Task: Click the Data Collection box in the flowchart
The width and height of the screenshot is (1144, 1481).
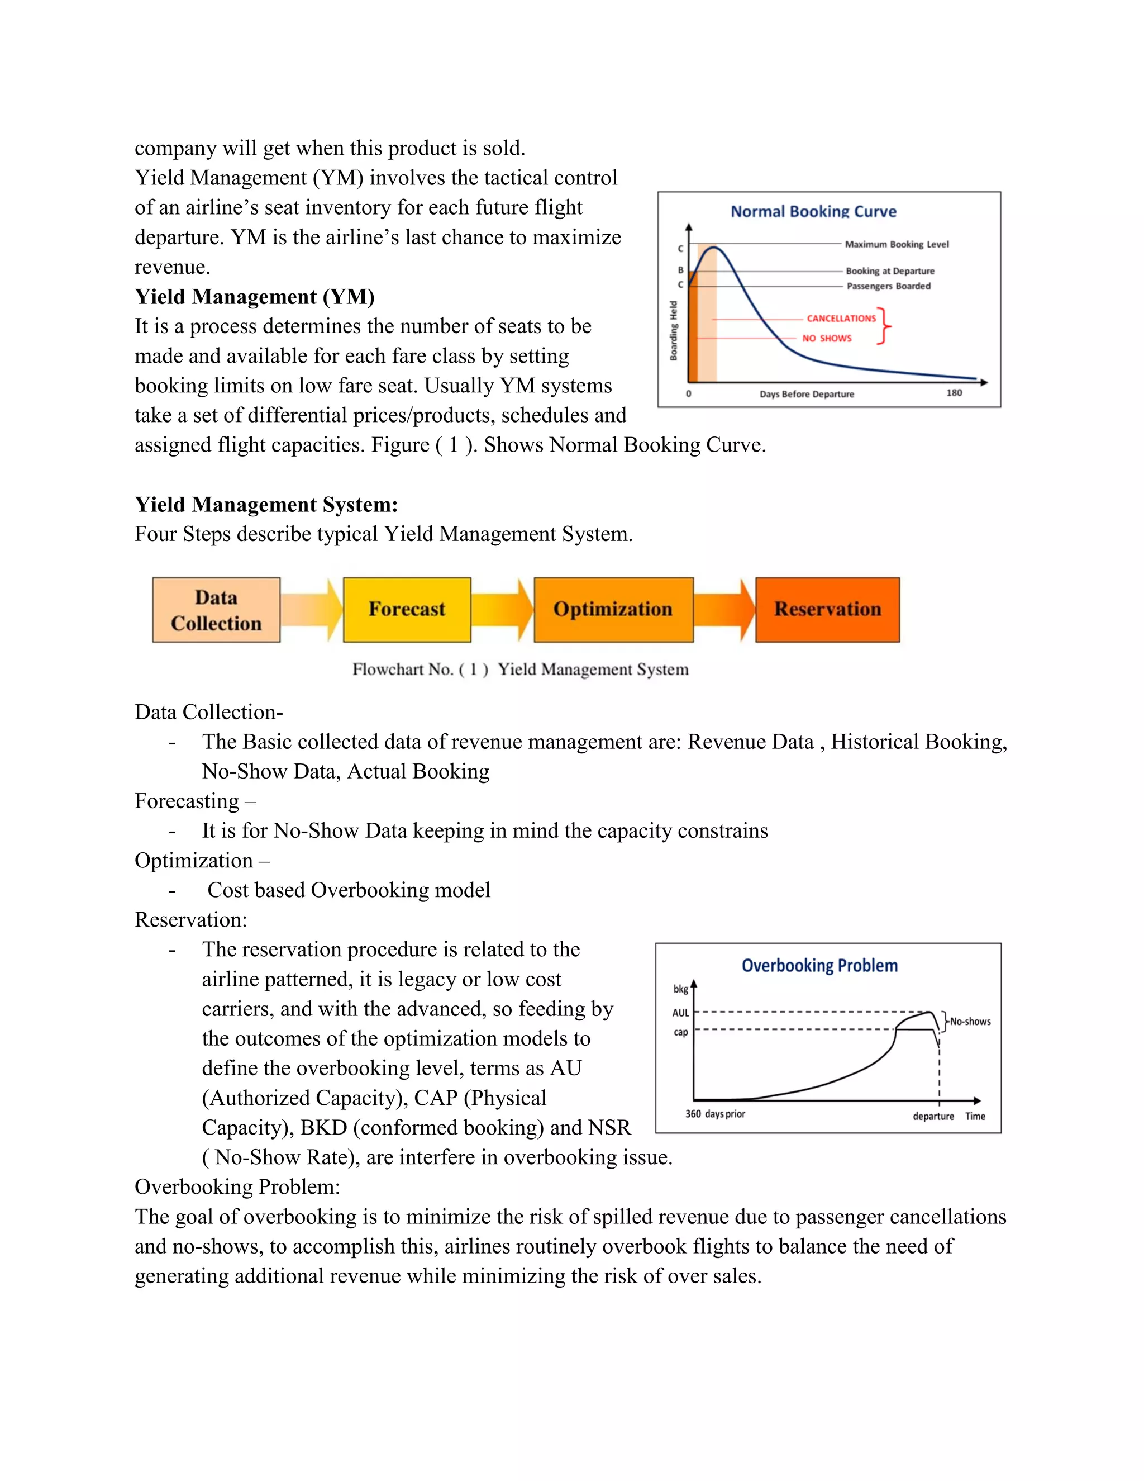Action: pos(216,610)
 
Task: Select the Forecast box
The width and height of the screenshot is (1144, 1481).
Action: pos(407,610)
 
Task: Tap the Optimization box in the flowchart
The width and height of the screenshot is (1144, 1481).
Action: pos(613,610)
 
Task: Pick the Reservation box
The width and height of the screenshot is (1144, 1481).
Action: pos(827,610)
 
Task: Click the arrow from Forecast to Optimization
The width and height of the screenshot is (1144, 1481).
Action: pos(502,609)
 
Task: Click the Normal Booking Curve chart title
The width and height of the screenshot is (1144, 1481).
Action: pos(813,212)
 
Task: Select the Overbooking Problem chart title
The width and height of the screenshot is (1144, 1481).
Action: pos(819,966)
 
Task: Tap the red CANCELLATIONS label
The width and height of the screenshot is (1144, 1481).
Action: pos(841,318)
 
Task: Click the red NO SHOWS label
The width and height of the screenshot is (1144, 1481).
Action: pos(827,338)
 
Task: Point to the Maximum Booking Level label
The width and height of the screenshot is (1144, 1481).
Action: pos(897,244)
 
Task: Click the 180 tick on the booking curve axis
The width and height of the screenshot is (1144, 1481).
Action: pos(954,393)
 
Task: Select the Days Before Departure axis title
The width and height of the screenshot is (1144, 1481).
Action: pos(807,394)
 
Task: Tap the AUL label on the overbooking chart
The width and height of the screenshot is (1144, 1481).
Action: pos(680,1013)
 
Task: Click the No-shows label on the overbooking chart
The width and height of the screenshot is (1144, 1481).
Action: pos(970,1021)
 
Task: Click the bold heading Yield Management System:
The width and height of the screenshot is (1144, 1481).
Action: pos(266,505)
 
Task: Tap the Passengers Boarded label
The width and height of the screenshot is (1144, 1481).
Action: pos(889,286)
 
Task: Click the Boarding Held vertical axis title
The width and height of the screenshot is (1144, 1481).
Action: pos(674,330)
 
